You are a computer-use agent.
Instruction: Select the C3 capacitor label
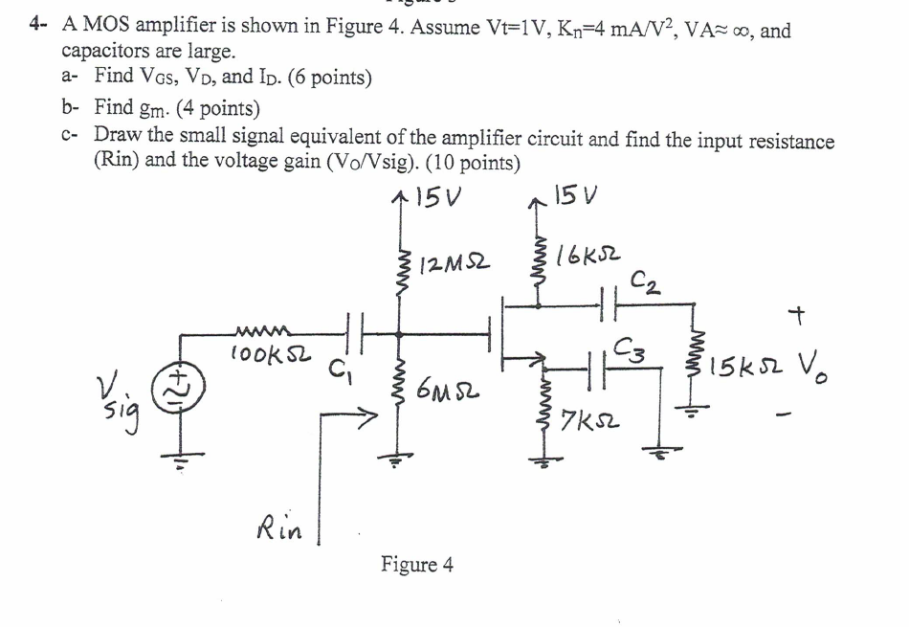634,347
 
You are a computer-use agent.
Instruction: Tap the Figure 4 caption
416,564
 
